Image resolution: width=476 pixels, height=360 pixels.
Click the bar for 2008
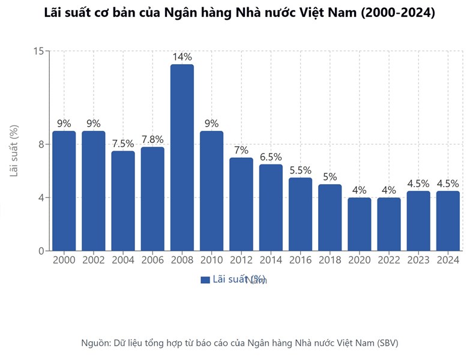coord(182,157)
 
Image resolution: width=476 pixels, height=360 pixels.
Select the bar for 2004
coord(123,200)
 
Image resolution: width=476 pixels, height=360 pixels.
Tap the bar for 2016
coord(300,214)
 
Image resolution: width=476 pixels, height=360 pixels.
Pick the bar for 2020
coord(359,224)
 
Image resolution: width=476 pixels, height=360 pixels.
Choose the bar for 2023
coord(418,220)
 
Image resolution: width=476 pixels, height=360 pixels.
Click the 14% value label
coord(182,57)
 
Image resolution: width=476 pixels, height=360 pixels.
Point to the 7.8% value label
coord(152,139)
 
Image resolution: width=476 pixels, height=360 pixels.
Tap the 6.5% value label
coord(271,157)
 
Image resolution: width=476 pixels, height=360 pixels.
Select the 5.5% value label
coord(300,170)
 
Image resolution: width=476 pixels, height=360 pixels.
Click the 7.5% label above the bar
coord(123,143)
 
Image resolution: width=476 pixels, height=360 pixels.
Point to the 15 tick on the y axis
coord(38,51)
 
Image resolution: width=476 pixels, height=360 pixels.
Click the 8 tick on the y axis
coord(40,144)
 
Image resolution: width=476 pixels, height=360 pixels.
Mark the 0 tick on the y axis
coord(40,251)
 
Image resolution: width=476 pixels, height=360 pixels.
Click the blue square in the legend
coord(205,280)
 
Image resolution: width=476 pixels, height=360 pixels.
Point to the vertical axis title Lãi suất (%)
coord(14,151)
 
